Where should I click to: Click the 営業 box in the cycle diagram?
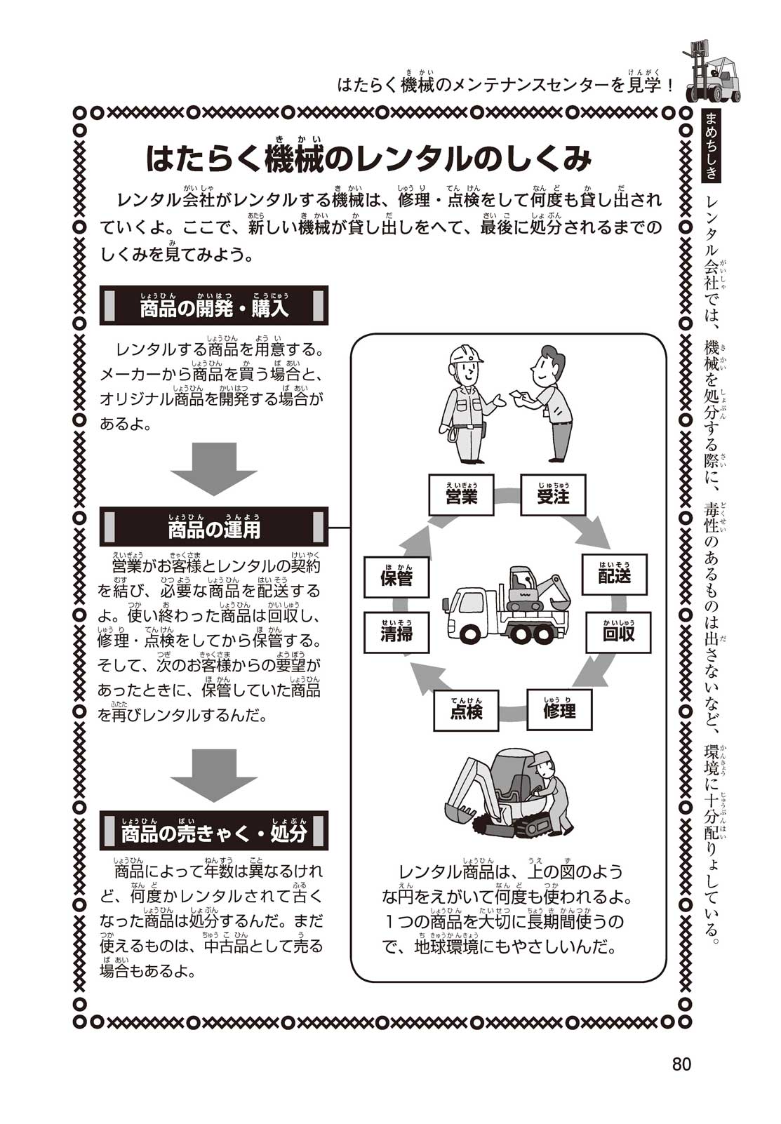pos(461,495)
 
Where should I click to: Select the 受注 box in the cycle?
pos(553,495)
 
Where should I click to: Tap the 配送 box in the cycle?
pos(614,575)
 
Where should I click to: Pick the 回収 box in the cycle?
pos(618,632)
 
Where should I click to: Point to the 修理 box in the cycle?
pos(559,709)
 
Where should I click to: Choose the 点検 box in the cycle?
pos(466,710)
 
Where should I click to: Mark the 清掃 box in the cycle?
pos(396,633)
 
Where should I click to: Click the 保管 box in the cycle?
pos(396,577)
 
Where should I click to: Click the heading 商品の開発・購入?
pos(214,307)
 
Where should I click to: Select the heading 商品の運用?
pos(214,528)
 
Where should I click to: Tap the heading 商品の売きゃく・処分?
pos(214,832)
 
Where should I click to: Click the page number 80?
pos(681,1064)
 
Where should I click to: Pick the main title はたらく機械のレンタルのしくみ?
pos(368,160)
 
